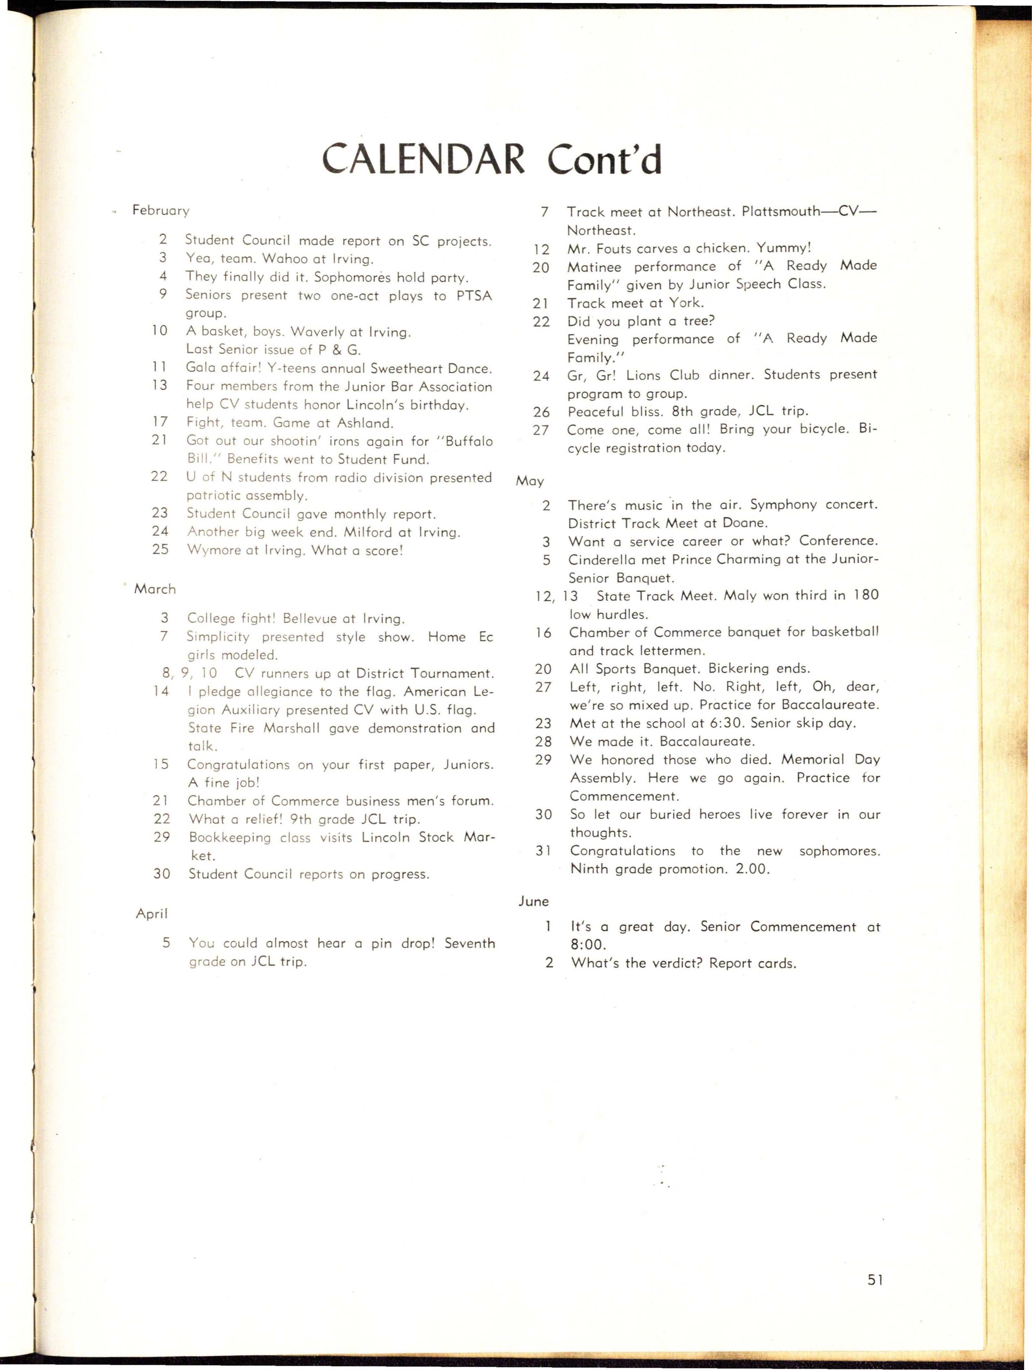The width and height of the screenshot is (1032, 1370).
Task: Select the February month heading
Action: [x=160, y=211]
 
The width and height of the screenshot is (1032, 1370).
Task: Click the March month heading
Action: [x=155, y=589]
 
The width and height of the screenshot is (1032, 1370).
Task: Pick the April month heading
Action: [x=152, y=913]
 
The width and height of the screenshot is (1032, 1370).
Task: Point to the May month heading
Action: [x=530, y=481]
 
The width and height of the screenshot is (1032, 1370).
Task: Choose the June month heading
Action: [x=533, y=902]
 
